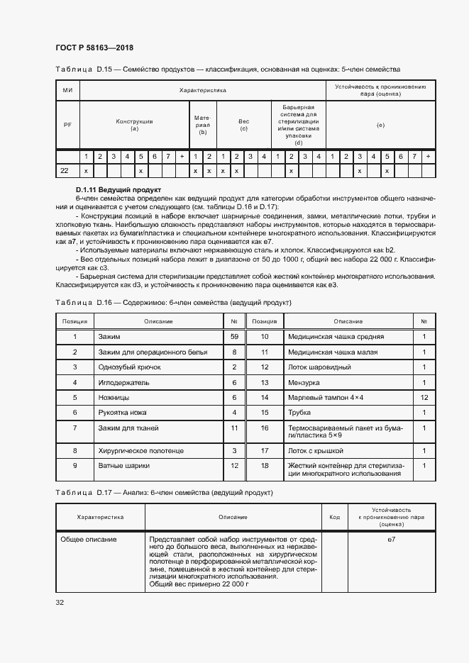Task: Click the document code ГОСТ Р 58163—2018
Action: (x=94, y=48)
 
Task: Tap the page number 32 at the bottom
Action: (x=60, y=603)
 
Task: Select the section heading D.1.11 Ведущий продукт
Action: (x=118, y=190)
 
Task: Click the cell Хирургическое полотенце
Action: (x=141, y=450)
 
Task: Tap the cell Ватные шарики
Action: (x=120, y=465)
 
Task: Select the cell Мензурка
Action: (x=304, y=382)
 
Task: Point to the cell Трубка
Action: (x=299, y=413)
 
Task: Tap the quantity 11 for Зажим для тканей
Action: (x=233, y=428)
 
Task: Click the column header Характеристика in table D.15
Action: (x=202, y=91)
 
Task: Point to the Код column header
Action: (x=334, y=517)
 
